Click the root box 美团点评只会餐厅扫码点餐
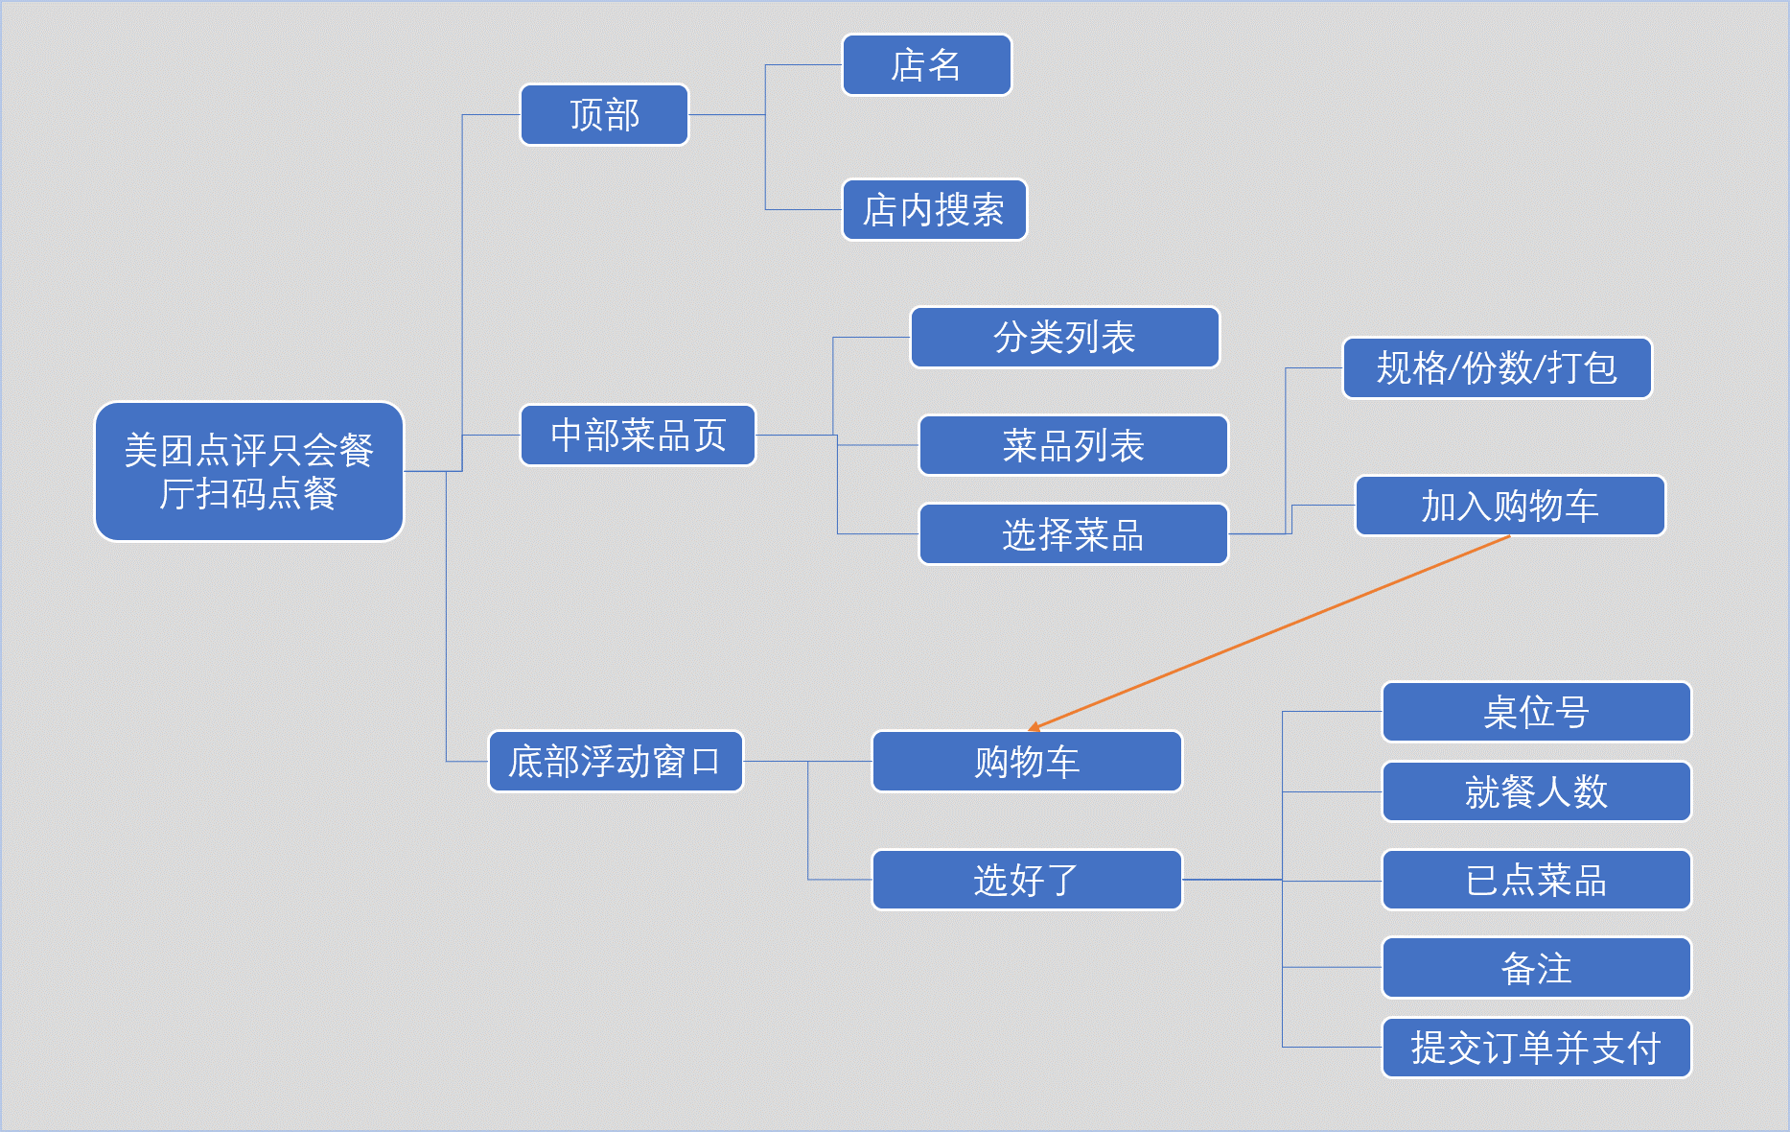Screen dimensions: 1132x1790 click(249, 471)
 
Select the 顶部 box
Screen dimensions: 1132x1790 click(604, 115)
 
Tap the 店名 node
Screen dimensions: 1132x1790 click(926, 65)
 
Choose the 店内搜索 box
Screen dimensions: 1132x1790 click(934, 210)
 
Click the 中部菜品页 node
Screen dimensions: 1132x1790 click(638, 436)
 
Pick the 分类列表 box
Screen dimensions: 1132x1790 click(1064, 338)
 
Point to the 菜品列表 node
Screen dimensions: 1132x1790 click(1073, 445)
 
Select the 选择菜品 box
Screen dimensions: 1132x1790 click(1073, 534)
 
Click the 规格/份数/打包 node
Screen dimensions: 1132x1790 click(1497, 367)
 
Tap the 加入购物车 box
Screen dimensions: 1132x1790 click(1509, 506)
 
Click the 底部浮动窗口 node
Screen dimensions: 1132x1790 click(615, 762)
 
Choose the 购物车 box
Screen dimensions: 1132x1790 click(1026, 762)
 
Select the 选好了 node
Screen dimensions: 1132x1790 click(1026, 880)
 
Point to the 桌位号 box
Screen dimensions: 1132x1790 click(1536, 712)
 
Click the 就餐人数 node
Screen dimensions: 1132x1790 click(1536, 791)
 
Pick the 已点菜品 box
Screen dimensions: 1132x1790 click(1536, 880)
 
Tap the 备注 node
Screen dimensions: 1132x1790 click(1536, 968)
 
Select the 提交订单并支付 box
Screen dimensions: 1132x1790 click(1536, 1048)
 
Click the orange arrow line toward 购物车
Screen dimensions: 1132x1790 click(1270, 633)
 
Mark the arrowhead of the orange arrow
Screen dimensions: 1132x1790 click(1034, 728)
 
